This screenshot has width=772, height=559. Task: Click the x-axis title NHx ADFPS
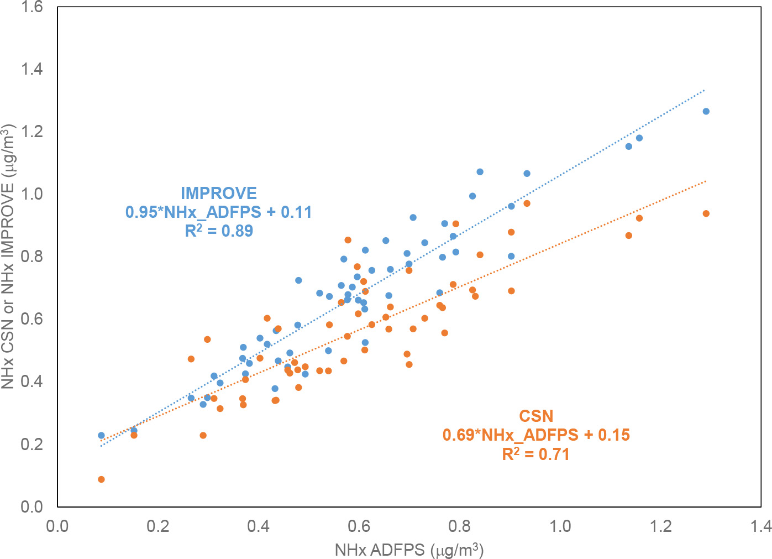click(409, 550)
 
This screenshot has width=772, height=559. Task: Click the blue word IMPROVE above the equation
click(219, 194)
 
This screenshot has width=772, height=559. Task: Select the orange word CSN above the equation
click(535, 416)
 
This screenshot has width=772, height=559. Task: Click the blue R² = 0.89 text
click(219, 230)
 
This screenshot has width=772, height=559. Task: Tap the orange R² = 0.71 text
click(535, 454)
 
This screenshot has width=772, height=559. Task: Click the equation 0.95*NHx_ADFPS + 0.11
click(219, 212)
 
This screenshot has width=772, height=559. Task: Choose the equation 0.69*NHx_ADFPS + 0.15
click(535, 435)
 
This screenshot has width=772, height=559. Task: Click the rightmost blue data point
click(706, 111)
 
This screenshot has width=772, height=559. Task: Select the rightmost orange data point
click(706, 213)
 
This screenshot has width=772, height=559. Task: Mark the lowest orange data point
click(101, 479)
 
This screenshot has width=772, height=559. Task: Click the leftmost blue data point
click(101, 435)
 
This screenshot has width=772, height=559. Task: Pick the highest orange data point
click(527, 203)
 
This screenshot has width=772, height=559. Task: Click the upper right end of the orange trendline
click(705, 181)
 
